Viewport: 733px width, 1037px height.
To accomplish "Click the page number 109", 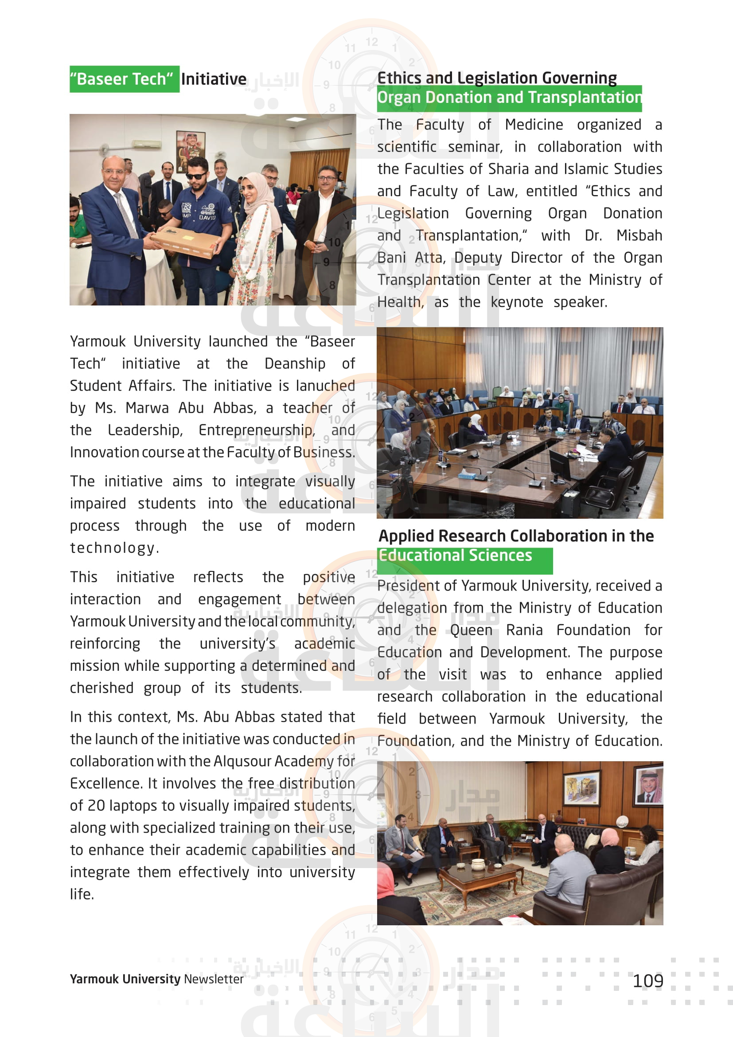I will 648,981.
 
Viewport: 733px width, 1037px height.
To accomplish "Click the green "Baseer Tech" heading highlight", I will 124,79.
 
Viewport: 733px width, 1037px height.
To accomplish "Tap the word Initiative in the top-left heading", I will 214,79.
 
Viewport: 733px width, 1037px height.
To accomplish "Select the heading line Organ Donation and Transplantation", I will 509,98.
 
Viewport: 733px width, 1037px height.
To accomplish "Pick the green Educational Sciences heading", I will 456,556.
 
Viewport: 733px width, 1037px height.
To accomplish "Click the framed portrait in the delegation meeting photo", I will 649,787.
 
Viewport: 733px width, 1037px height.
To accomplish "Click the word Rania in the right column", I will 524,630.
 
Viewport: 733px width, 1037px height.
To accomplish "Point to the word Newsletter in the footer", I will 214,979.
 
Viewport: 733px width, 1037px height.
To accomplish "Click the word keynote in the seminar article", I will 517,302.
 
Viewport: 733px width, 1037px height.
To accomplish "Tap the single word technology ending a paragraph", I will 113,548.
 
